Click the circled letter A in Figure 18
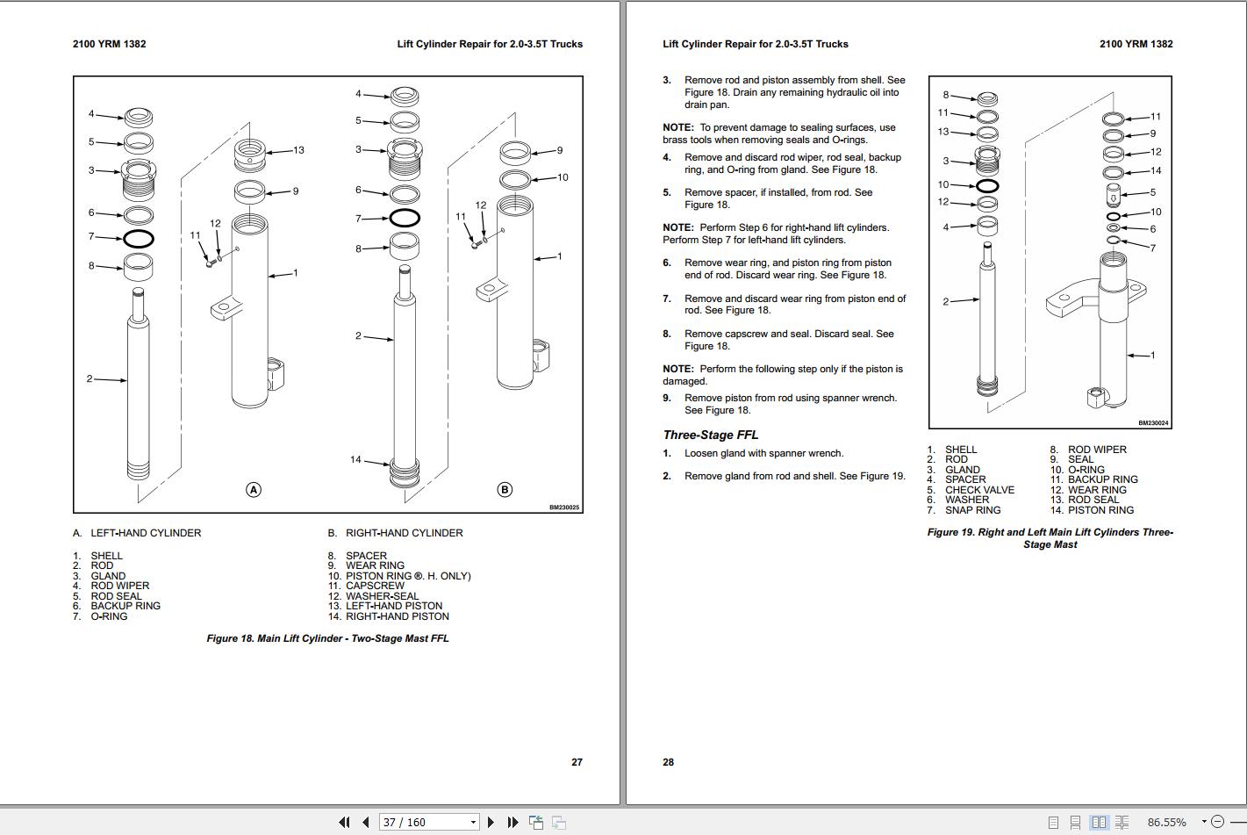pos(253,490)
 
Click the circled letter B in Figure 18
pos(505,490)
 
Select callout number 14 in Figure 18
pos(355,459)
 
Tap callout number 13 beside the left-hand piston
pos(298,150)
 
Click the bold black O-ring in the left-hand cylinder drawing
pos(139,238)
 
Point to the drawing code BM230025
pos(564,507)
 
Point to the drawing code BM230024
pos(1153,423)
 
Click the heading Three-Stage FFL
pos(710,435)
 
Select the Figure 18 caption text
pos(327,638)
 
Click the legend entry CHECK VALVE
pos(979,490)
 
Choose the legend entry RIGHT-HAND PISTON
pos(397,616)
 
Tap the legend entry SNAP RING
pos(972,510)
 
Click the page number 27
pos(577,762)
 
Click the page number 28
pos(668,762)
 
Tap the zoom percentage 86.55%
pos(1166,823)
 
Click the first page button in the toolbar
pos(344,823)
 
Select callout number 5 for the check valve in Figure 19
pos(1153,192)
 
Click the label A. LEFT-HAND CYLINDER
pos(137,533)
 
